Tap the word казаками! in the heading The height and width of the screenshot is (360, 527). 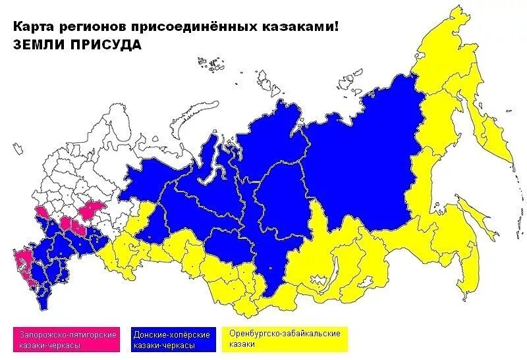(308, 28)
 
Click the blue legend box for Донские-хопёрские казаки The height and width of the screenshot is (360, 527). (172, 340)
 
